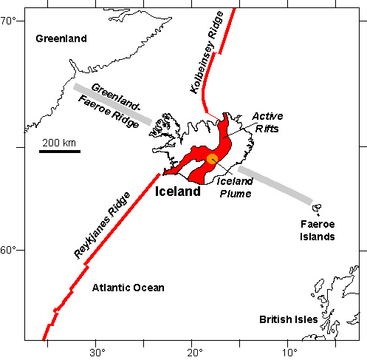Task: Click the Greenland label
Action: click(x=61, y=38)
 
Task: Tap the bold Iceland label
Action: click(x=177, y=191)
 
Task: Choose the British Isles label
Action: click(x=288, y=320)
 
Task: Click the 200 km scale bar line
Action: click(x=59, y=152)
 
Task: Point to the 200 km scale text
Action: click(x=59, y=142)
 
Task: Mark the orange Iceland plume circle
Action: click(x=212, y=158)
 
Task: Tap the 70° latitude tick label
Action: click(x=10, y=21)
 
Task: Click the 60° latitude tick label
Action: click(x=10, y=251)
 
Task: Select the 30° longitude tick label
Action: click(x=97, y=352)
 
